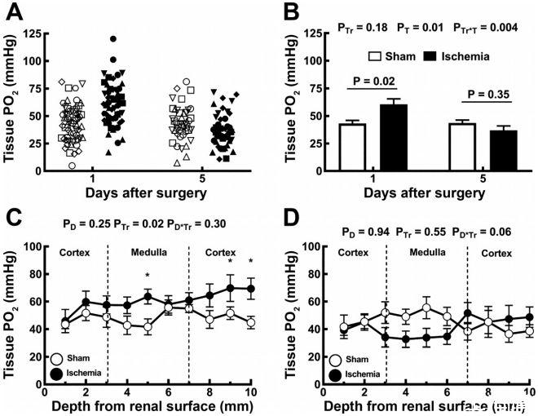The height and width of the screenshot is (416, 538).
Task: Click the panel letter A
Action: (x=15, y=12)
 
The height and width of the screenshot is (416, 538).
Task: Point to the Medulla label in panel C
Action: (x=147, y=252)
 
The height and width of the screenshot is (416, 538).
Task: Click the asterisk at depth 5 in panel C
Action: (x=147, y=276)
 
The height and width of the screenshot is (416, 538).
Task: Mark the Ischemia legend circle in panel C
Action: (x=57, y=372)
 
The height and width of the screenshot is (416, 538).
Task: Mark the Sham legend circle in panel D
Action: (x=335, y=357)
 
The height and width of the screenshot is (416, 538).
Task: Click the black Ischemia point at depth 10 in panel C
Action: (x=250, y=289)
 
